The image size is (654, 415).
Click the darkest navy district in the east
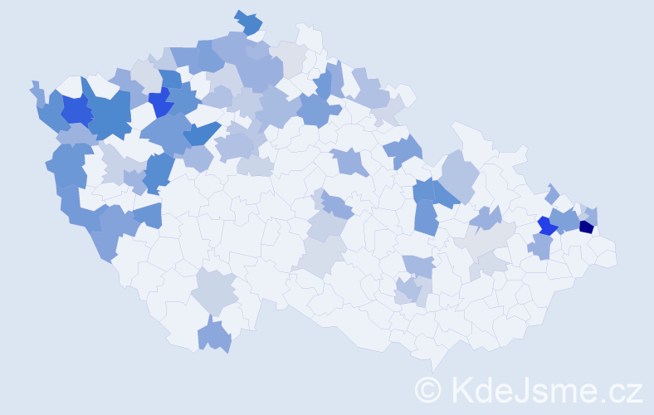[x=586, y=227]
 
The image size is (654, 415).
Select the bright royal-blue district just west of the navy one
[x=547, y=225]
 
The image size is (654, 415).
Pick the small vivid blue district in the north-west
[x=161, y=104]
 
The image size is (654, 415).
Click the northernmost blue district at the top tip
[x=248, y=22]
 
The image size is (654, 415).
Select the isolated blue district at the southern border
[x=215, y=336]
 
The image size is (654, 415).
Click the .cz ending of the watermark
[x=620, y=390]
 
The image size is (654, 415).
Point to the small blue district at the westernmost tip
[x=36, y=89]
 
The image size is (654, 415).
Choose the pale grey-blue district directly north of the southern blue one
[x=215, y=290]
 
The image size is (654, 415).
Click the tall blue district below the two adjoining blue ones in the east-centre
[x=426, y=217]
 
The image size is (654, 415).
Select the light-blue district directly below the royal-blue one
[x=540, y=246]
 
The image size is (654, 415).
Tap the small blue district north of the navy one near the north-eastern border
[x=554, y=193]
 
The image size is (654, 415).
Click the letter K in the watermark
[x=461, y=390]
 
